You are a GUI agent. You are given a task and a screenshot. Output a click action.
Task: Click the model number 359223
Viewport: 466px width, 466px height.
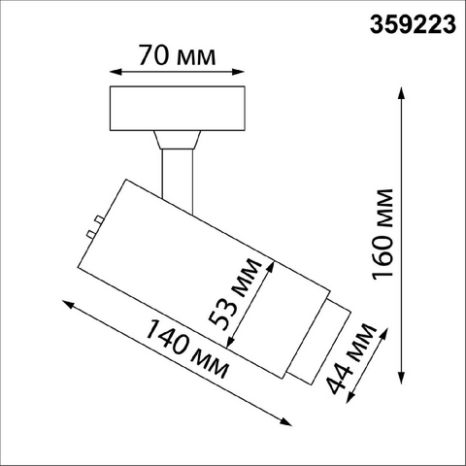click(413, 25)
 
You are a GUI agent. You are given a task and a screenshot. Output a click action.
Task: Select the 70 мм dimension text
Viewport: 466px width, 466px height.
click(178, 55)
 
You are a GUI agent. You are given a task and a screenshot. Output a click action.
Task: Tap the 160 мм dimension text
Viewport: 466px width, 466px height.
click(383, 234)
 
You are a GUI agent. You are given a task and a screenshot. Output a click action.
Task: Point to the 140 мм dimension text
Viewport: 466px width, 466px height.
click(187, 349)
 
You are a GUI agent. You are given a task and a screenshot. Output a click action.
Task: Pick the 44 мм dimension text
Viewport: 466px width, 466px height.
click(352, 358)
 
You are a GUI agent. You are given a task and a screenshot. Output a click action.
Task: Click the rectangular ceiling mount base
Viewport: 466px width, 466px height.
click(178, 109)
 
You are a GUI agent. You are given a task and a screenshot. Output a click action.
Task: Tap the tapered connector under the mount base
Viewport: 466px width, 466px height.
click(178, 140)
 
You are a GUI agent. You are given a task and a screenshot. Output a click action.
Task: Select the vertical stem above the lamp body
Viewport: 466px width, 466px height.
click(178, 182)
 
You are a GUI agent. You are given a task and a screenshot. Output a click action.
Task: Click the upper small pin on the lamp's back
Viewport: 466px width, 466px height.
click(99, 220)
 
